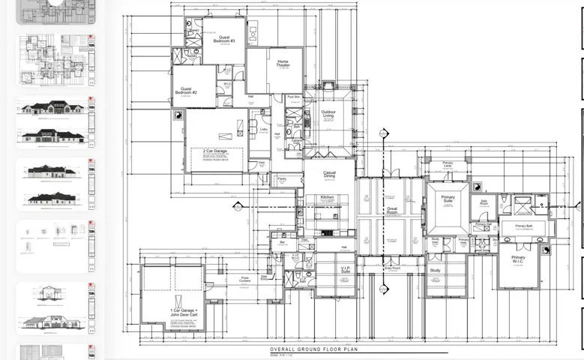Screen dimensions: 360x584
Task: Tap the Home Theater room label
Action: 283,64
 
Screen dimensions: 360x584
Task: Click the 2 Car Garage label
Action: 214,151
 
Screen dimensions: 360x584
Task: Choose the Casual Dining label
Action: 329,174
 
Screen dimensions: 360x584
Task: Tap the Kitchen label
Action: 327,197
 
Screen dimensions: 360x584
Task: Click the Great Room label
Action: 391,211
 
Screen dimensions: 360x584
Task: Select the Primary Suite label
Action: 448,199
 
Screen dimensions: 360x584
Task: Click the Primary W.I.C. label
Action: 518,259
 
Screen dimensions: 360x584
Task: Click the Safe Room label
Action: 484,202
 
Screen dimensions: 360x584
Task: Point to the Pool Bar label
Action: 294,97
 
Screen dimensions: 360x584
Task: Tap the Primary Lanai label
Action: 448,164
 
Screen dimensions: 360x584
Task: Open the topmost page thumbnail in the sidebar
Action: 56,9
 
